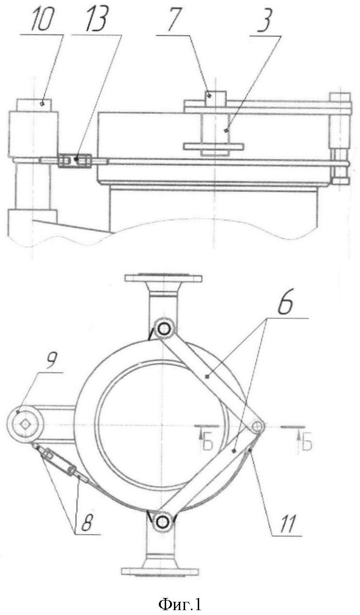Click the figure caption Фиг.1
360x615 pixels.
pos(180,604)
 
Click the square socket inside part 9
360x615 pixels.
pos(26,424)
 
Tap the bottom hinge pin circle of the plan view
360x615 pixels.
pos(162,521)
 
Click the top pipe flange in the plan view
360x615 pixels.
pos(164,278)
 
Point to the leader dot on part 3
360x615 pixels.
pos(226,130)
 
